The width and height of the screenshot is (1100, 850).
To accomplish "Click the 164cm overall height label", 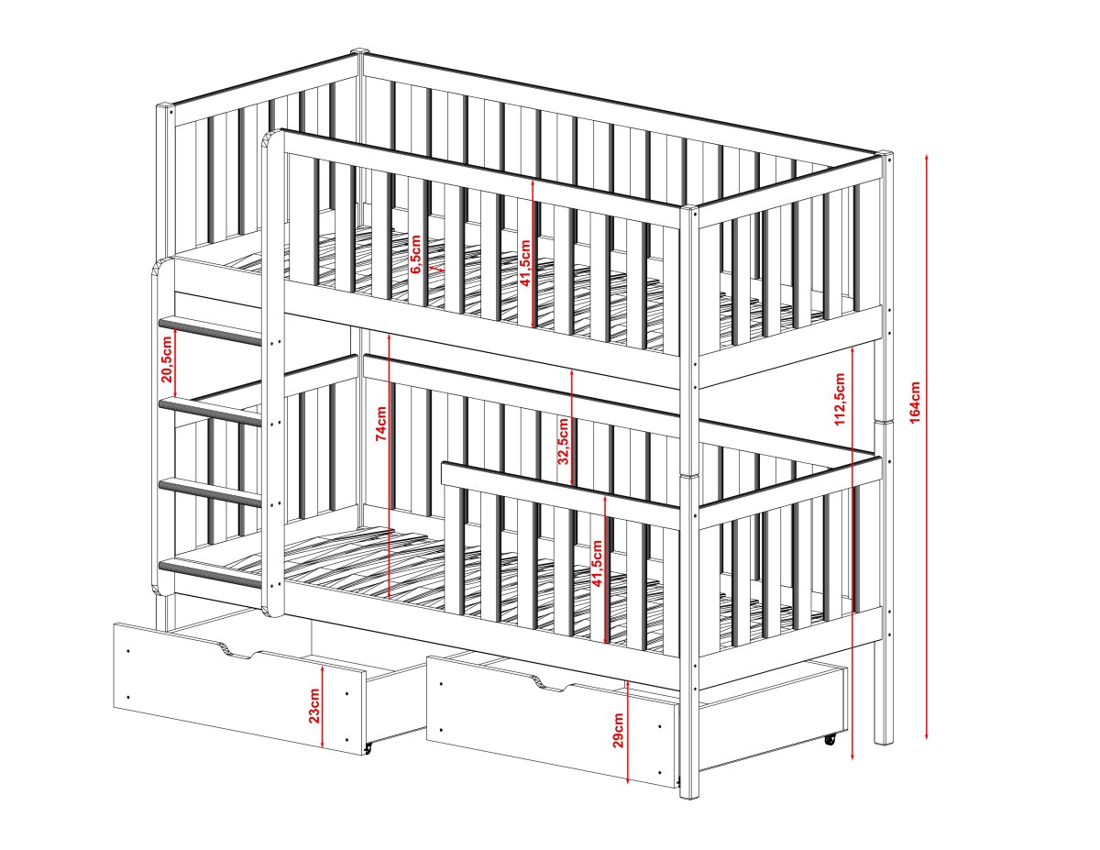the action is [x=915, y=402].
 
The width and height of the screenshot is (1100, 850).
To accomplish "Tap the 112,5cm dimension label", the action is [x=841, y=399].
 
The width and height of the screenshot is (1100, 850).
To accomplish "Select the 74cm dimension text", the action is [x=381, y=424].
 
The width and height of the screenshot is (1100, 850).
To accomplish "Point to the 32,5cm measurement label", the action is [x=564, y=440].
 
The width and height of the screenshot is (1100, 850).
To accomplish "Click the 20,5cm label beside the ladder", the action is [x=168, y=359].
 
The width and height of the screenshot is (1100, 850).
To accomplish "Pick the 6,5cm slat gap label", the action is [x=415, y=254].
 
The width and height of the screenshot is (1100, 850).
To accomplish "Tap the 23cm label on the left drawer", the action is [x=314, y=705].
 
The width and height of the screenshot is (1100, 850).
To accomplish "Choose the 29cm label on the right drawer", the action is [x=618, y=730].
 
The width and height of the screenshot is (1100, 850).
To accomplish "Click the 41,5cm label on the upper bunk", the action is [x=525, y=263].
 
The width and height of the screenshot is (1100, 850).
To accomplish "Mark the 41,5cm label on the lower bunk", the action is [x=598, y=563].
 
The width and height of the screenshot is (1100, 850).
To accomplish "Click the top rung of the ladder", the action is [x=211, y=330].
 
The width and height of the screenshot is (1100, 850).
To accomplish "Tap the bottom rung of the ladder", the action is [x=211, y=573].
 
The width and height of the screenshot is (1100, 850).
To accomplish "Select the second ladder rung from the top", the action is [x=211, y=411].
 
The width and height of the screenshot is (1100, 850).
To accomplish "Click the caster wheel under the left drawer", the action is [x=368, y=748].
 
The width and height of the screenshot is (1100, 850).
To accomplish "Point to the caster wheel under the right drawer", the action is [x=830, y=740].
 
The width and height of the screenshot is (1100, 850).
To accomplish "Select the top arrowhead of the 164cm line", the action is [x=927, y=157].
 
